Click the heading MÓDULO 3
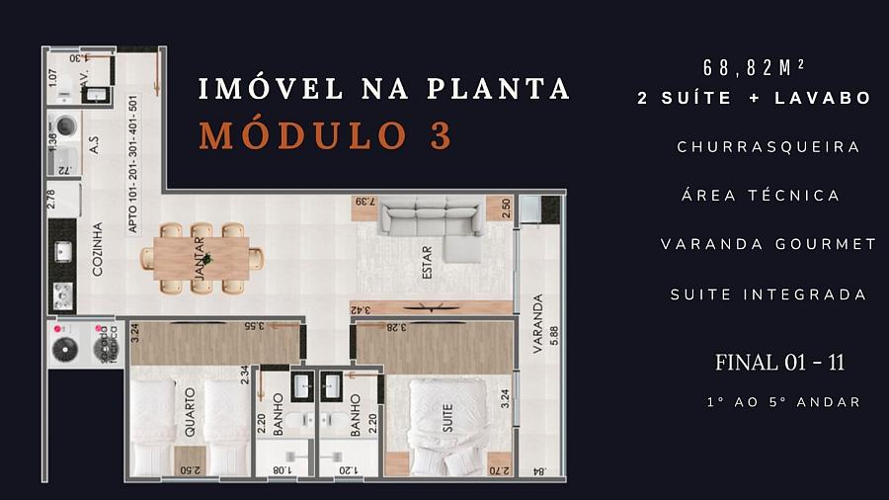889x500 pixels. click(326, 135)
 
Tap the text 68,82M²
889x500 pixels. click(754, 68)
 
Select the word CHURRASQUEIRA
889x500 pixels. click(768, 146)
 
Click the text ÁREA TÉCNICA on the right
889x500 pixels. click(761, 195)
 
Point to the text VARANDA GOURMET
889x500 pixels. click(768, 244)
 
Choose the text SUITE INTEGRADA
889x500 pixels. click(768, 294)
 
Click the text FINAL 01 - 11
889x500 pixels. click(779, 363)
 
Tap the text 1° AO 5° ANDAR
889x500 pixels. click(783, 402)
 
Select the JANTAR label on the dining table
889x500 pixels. click(200, 259)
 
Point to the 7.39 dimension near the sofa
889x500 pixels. click(364, 204)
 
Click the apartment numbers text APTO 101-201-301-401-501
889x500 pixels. click(132, 164)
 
